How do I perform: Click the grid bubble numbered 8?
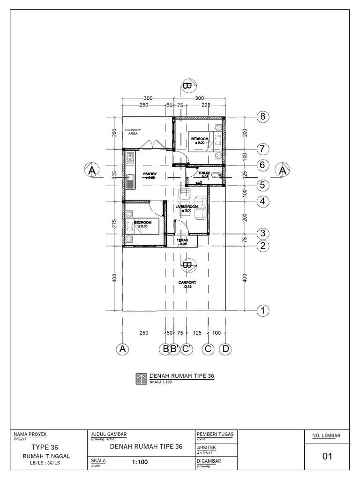point(263,117)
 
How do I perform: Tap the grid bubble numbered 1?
point(263,310)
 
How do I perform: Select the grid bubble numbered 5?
point(263,185)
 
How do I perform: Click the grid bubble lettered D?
point(225,349)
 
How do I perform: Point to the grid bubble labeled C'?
point(187,349)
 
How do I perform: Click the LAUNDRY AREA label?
point(132,132)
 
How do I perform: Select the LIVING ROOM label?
point(187,207)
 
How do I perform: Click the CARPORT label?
point(187,283)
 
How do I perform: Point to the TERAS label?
point(182,240)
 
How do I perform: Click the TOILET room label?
point(203,173)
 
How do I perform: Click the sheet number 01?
point(327,456)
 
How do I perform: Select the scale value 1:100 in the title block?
point(140,462)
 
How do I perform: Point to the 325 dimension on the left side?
point(114,175)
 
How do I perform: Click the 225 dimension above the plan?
point(206,105)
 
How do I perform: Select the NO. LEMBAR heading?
point(326,436)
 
